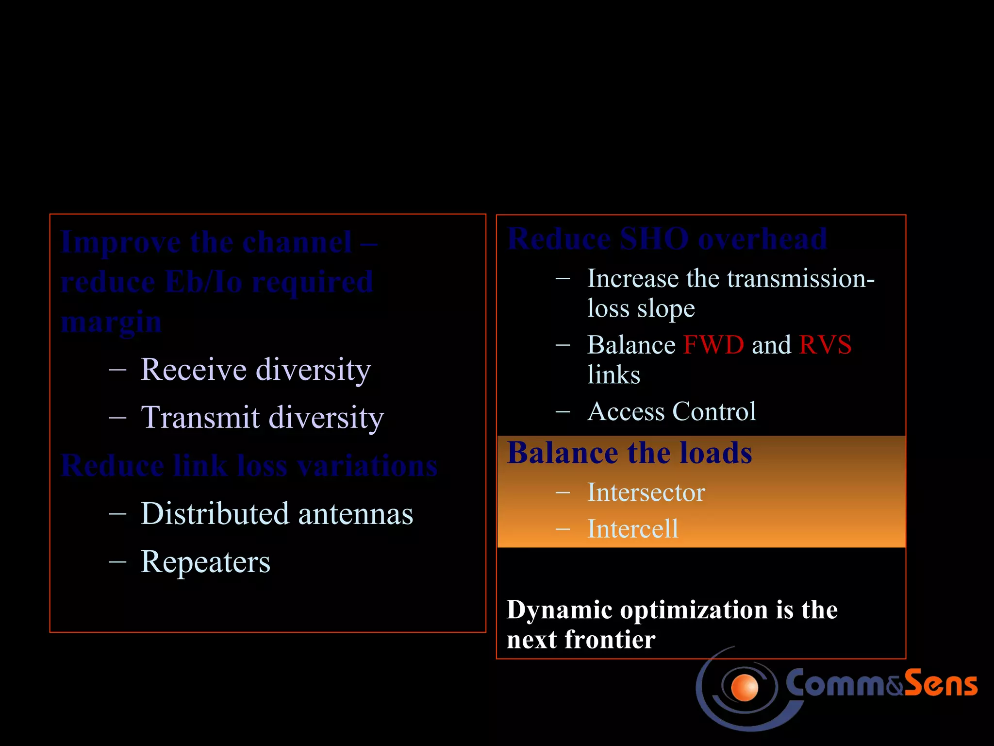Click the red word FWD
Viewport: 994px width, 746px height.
[713, 345]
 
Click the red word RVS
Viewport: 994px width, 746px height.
[825, 345]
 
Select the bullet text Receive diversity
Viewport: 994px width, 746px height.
[255, 370]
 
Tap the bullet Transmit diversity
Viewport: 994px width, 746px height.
[262, 418]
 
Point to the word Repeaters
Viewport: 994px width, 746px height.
[205, 562]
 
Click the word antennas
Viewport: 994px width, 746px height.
[355, 514]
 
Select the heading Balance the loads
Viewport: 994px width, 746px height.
[629, 453]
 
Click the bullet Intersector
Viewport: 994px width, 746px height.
[646, 492]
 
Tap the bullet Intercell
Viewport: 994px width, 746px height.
[632, 529]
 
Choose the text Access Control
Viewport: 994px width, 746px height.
[671, 412]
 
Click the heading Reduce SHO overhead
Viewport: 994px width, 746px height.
[667, 239]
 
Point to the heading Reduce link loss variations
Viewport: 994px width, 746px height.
[249, 466]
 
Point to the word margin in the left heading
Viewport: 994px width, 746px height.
[111, 322]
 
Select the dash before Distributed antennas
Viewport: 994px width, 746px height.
[118, 514]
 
